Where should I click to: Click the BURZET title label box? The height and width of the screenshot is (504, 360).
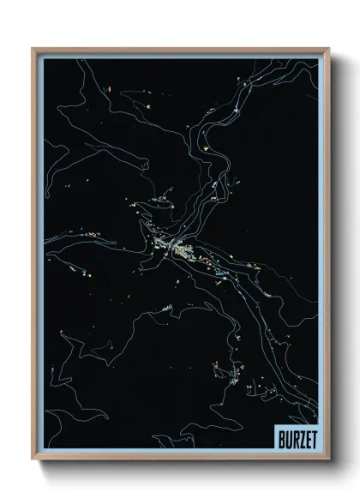pyautogui.click(x=296, y=435)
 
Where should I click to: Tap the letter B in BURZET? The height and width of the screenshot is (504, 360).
pyautogui.click(x=281, y=435)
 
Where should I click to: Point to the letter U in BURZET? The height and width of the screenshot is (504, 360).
pyautogui.click(x=287, y=435)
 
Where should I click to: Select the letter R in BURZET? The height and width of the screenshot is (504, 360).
pyautogui.click(x=293, y=435)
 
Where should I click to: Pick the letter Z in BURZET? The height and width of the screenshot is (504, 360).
pyautogui.click(x=299, y=435)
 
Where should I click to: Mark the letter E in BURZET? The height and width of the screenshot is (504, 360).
pyautogui.click(x=305, y=435)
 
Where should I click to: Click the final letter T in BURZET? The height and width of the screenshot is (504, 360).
pyautogui.click(x=311, y=435)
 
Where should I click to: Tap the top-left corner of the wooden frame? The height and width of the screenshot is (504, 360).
pyautogui.click(x=33, y=49)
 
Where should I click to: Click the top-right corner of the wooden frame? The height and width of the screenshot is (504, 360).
pyautogui.click(x=328, y=49)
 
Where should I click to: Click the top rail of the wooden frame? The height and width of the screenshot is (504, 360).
pyautogui.click(x=180, y=50)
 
